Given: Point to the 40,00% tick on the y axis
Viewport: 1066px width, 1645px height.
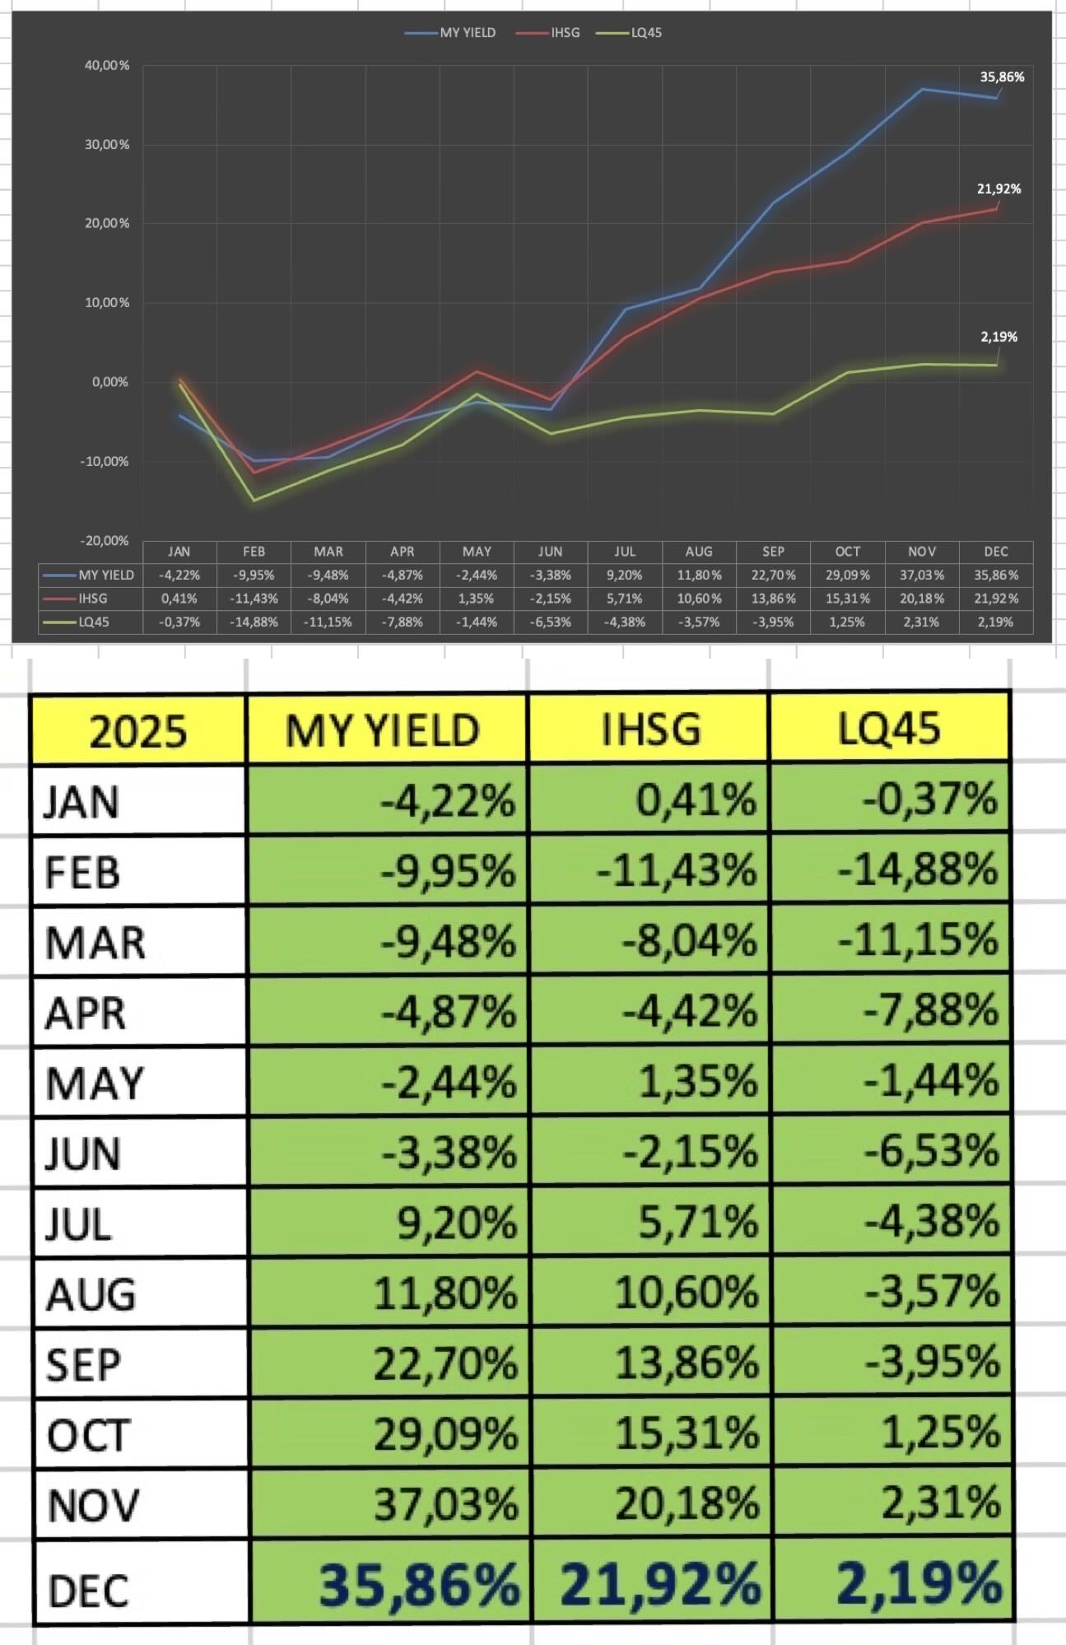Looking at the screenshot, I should [107, 66].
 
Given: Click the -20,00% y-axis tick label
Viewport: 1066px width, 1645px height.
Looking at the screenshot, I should [105, 541].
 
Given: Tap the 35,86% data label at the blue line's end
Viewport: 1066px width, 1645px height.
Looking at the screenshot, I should [1002, 77].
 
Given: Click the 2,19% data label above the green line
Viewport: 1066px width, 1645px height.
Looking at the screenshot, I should [999, 337].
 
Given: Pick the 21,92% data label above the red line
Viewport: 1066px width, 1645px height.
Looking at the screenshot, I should [999, 189].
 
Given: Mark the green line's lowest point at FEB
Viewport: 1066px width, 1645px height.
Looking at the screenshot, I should [254, 500].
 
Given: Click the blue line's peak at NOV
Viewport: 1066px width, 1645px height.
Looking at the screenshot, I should [922, 89].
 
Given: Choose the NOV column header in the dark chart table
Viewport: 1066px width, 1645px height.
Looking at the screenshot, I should [922, 552].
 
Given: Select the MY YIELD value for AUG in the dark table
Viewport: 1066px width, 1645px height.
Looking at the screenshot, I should [699, 576].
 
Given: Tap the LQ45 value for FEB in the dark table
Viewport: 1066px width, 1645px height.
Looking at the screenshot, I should [254, 622].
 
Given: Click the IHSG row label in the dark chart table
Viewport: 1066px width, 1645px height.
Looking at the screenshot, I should [92, 599].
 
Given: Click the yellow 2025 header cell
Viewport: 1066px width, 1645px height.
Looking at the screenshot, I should [138, 730].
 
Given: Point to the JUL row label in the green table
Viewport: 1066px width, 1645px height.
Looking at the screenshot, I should [79, 1224].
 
